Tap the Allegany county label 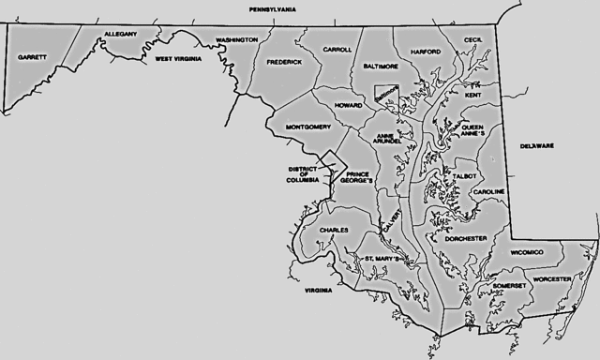click(x=120, y=34)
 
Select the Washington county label click(x=236, y=40)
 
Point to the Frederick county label click(x=284, y=62)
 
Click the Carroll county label click(x=337, y=49)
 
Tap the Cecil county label click(x=472, y=40)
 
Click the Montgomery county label click(x=308, y=127)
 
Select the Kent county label click(x=473, y=96)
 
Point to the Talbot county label click(x=465, y=175)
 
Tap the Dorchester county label click(x=466, y=238)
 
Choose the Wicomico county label click(x=532, y=252)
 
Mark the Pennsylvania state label click(x=272, y=8)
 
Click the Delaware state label click(x=538, y=146)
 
